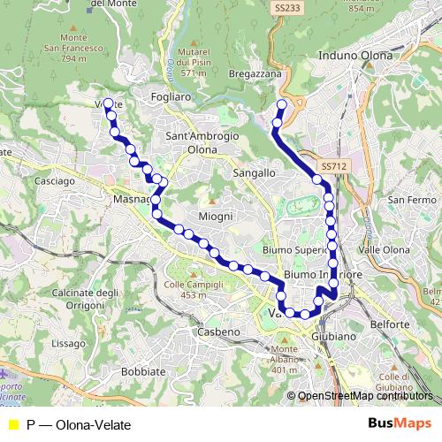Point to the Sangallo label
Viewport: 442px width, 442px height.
coord(254,174)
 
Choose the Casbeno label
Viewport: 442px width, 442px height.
coord(218,331)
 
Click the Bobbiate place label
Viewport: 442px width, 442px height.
coord(143,371)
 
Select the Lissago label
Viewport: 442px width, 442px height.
coord(69,341)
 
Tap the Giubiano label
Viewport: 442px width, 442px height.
coord(333,337)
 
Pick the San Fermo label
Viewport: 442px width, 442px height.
coord(409,200)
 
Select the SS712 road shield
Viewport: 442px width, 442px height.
coord(332,166)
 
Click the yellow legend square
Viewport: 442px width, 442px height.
coord(12,425)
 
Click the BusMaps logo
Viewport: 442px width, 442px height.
coord(400,424)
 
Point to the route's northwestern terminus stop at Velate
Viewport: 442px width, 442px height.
coord(109,103)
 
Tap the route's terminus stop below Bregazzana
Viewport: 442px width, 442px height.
coord(282,105)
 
